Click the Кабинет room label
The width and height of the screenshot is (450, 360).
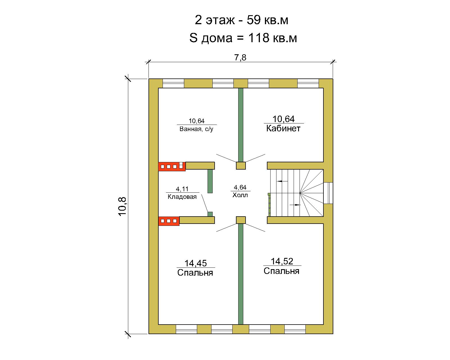click(x=283, y=129)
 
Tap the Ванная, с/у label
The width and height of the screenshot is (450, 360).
click(x=196, y=129)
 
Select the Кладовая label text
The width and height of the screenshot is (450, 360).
click(x=182, y=197)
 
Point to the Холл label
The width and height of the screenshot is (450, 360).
click(x=240, y=195)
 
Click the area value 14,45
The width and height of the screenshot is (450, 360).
click(x=195, y=263)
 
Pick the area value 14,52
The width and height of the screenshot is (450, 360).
click(x=282, y=261)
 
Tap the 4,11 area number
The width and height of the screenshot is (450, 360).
click(x=182, y=189)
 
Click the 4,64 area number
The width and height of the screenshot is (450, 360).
click(x=240, y=187)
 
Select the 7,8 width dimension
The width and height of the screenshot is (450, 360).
click(x=240, y=58)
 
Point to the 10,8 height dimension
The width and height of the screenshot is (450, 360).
click(x=123, y=206)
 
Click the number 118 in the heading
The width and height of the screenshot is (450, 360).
click(x=259, y=38)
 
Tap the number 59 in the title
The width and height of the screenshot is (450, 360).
click(x=254, y=20)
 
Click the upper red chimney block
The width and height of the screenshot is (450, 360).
click(x=172, y=166)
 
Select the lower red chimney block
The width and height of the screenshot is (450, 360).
click(x=169, y=221)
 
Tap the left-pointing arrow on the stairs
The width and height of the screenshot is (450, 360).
click(x=282, y=181)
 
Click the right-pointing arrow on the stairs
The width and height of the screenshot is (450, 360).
click(x=295, y=205)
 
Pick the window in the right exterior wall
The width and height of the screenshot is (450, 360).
click(x=328, y=193)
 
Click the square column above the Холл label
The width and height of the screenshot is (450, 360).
click(x=241, y=166)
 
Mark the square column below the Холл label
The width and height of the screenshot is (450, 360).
click(x=241, y=220)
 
